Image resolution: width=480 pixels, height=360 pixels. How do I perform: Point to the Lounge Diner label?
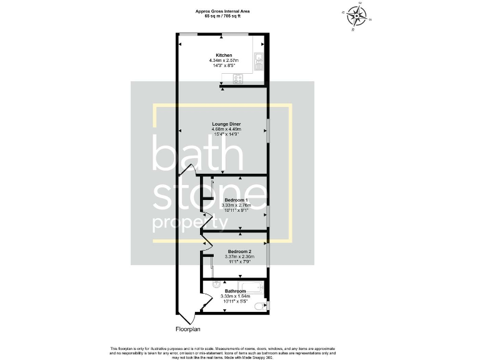click(222, 124)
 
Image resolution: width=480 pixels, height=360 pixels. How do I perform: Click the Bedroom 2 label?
click(239, 251)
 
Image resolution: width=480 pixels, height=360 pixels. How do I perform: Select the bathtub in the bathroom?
click(251, 288)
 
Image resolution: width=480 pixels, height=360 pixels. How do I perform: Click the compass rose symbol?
click(356, 16)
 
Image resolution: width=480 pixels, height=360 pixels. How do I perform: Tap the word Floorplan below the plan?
click(187, 329)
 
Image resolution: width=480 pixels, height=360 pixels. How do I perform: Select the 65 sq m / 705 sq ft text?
click(222, 16)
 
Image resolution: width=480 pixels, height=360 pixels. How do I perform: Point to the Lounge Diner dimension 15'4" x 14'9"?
click(222, 134)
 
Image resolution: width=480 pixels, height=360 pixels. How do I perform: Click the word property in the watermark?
click(186, 224)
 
